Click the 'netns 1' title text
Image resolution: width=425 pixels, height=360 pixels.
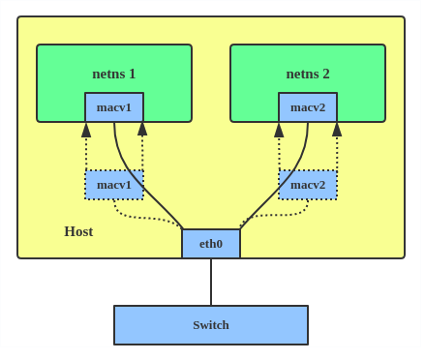coord(113,74)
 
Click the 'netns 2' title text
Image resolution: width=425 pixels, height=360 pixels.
coord(307,74)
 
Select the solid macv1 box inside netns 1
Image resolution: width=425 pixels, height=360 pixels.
coord(114,106)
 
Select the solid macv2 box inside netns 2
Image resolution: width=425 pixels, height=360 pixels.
coord(308,106)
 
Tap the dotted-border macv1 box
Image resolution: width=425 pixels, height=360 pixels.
coord(114,184)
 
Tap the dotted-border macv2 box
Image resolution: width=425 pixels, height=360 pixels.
coord(308,184)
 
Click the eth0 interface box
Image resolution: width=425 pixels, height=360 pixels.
coord(211,244)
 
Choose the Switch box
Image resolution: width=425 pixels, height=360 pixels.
coord(211,325)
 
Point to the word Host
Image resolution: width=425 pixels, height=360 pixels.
coord(78,231)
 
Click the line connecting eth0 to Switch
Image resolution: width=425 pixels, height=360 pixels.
coord(211,282)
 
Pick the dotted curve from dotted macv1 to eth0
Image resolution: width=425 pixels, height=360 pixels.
coord(145,217)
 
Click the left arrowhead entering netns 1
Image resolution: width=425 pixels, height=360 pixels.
coord(86,130)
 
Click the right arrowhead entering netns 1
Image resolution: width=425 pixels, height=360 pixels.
coord(142,129)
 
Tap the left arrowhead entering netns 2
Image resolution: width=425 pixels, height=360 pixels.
coord(279,130)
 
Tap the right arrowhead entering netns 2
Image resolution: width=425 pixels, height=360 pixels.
coord(337,129)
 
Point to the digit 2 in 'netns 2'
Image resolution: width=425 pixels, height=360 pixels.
coord(325,74)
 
